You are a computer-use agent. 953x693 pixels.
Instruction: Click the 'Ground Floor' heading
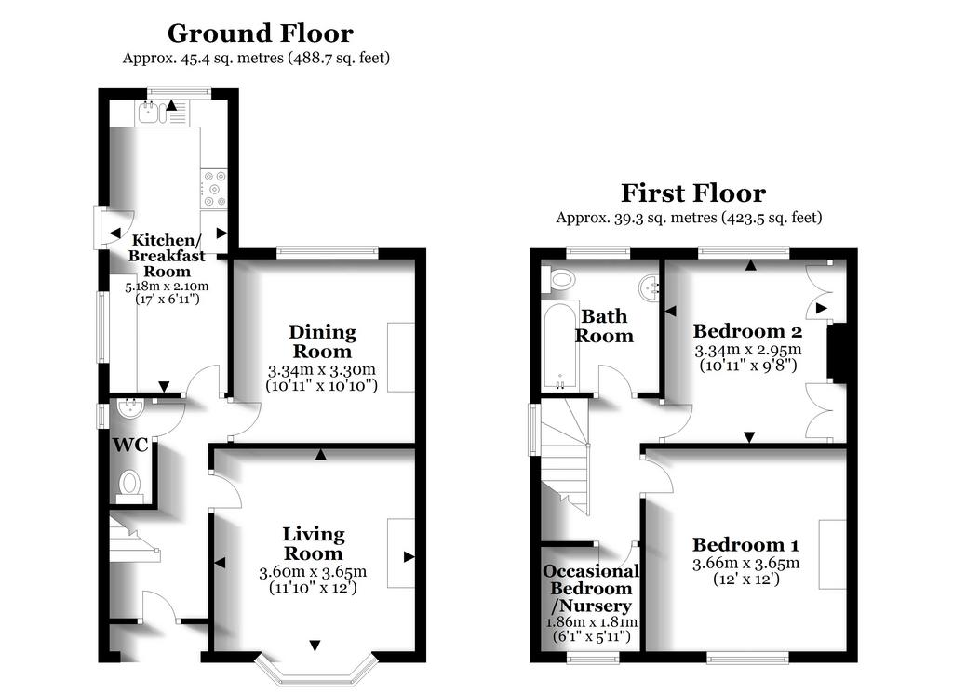tap(261, 33)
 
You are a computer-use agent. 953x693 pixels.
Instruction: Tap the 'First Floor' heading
tap(692, 193)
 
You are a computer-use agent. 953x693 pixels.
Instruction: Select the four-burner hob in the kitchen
tap(214, 189)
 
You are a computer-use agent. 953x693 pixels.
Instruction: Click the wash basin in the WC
tap(130, 407)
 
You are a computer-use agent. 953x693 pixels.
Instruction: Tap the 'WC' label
tap(130, 446)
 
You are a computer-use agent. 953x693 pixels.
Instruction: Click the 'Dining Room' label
tap(322, 341)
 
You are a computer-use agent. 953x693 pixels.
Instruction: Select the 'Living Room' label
tap(314, 543)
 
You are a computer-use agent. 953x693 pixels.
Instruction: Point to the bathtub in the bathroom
tap(559, 347)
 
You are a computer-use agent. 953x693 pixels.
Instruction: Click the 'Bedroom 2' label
tap(747, 332)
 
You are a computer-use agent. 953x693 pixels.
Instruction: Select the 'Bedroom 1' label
tap(745, 545)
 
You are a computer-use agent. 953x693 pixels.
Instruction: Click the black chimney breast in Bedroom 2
tap(837, 353)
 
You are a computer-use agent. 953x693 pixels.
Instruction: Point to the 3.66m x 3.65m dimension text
tap(745, 564)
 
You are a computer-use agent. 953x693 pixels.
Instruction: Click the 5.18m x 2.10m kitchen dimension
tap(167, 287)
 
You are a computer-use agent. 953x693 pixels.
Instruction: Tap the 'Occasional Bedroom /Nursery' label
tap(591, 589)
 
